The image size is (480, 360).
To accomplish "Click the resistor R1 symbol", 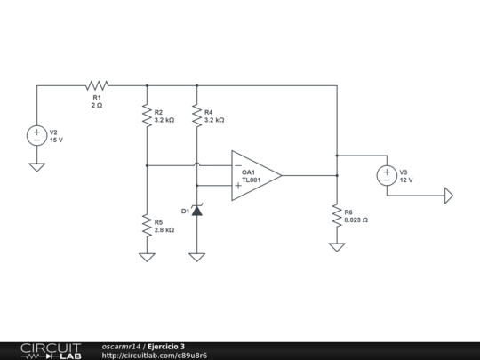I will [x=97, y=86].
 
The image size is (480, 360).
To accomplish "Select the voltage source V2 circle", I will [x=36, y=136].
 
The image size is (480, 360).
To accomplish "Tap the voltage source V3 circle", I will [x=388, y=175].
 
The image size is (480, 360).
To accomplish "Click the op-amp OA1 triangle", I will [x=254, y=175].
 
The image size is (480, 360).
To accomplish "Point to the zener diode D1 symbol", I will [x=196, y=211].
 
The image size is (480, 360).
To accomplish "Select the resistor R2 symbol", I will [x=147, y=115].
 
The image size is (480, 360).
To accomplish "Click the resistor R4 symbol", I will [x=196, y=115].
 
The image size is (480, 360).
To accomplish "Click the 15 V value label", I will [x=56, y=140].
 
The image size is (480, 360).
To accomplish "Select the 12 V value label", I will [x=406, y=180].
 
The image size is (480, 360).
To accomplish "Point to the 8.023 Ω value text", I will [x=356, y=220].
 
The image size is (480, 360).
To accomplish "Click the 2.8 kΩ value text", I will [x=164, y=229].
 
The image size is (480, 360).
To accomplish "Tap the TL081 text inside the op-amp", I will [x=252, y=180].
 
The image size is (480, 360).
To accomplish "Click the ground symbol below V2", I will [x=36, y=166].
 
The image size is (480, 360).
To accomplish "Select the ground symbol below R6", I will [x=337, y=246].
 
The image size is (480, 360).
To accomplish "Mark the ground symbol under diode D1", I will [x=196, y=257].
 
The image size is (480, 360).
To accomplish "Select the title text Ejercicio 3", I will [x=166, y=346].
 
